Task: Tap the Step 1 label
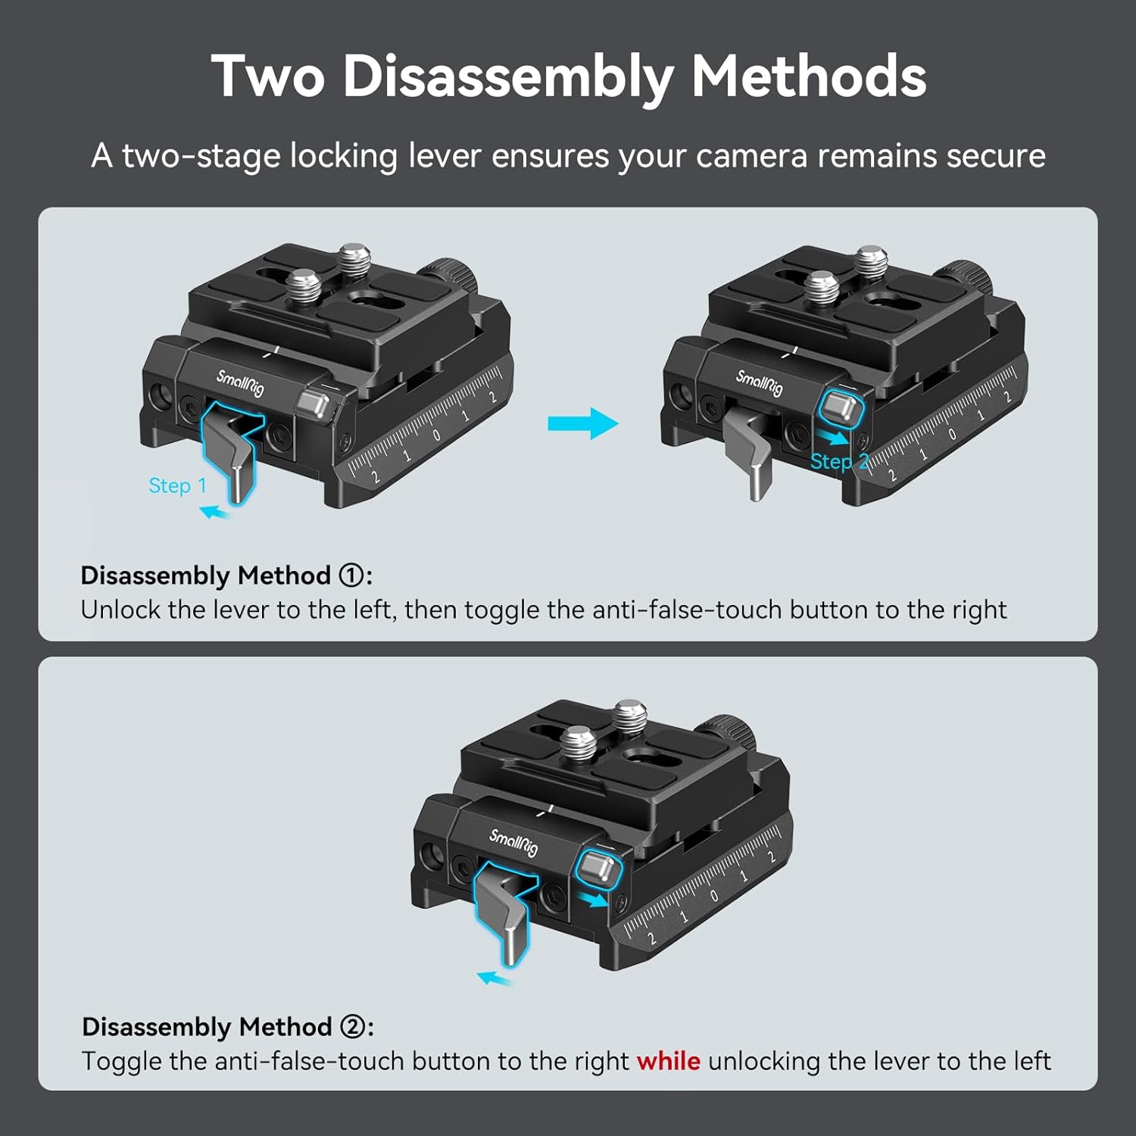(x=177, y=485)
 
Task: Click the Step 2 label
(x=839, y=461)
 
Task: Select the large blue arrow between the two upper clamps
(x=583, y=423)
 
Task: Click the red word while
(x=668, y=1061)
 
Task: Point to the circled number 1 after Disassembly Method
(x=351, y=576)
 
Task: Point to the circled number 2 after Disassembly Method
(x=352, y=1027)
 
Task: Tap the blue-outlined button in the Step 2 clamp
(x=841, y=408)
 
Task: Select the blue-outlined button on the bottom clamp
(x=598, y=867)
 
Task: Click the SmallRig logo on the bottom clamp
(x=513, y=842)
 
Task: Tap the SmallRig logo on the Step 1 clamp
(x=240, y=382)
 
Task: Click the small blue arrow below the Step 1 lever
(x=215, y=513)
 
